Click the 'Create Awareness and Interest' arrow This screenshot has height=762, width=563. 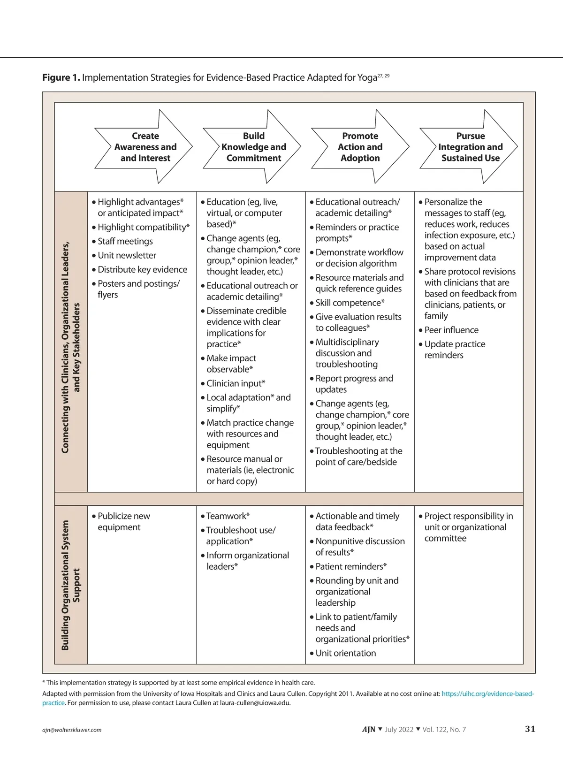point(145,147)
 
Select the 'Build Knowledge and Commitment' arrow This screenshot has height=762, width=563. point(253,147)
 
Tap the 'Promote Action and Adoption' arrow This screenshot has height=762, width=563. point(360,147)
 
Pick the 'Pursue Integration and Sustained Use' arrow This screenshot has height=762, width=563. point(470,147)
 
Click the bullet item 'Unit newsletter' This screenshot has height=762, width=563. point(127,255)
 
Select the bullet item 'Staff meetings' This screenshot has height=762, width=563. point(125,241)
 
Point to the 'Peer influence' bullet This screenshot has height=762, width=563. point(451,330)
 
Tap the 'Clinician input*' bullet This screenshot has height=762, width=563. point(236,383)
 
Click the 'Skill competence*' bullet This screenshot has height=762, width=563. point(350,303)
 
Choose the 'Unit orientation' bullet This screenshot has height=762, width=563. point(345,653)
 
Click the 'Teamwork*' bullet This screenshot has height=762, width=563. point(228,516)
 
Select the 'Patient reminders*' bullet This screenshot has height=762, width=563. point(351,566)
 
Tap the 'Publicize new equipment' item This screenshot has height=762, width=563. point(123,521)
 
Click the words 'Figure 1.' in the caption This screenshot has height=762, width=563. point(61,77)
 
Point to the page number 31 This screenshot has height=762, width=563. point(530,729)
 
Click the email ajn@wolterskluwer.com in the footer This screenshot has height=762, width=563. point(72,730)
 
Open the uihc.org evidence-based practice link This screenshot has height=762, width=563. point(487,693)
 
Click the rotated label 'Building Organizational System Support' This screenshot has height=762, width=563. point(71,585)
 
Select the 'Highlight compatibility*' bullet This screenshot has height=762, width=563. point(143,227)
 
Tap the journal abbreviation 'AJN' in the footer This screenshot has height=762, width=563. point(368,729)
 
